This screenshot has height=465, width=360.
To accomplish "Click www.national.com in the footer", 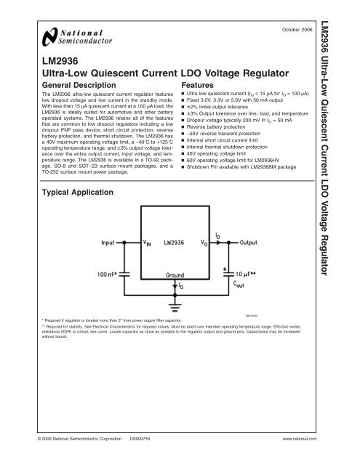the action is coord(300,440).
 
